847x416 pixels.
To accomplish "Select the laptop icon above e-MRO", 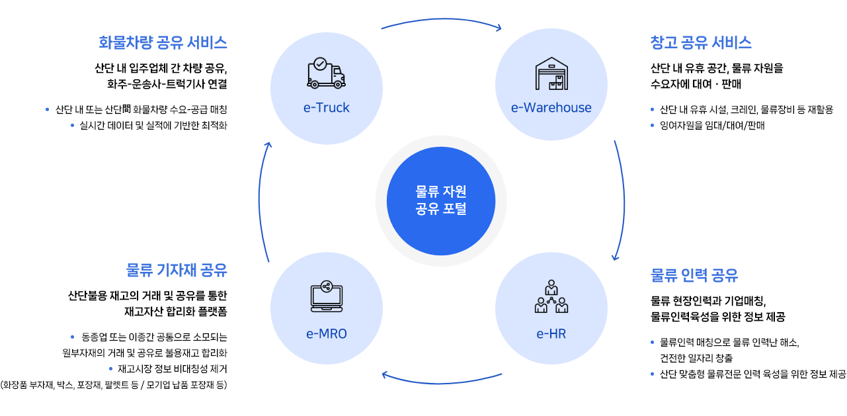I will (x=327, y=297).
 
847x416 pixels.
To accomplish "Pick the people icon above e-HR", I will (x=551, y=297).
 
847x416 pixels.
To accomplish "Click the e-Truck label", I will (x=327, y=108).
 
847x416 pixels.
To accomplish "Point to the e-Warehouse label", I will (x=551, y=108).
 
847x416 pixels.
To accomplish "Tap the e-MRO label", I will (x=327, y=334).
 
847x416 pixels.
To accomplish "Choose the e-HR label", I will (x=551, y=334).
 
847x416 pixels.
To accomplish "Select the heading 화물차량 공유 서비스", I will (x=163, y=43).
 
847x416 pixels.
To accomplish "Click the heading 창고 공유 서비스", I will (x=701, y=43).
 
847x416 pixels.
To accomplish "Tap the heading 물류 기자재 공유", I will (x=177, y=270).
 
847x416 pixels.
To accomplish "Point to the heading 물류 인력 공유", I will (x=694, y=275).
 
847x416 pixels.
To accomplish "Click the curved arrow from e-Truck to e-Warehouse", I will (x=441, y=22).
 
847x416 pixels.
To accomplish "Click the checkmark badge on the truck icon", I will (x=320, y=64).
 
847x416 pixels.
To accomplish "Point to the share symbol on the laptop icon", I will (x=326, y=286).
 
